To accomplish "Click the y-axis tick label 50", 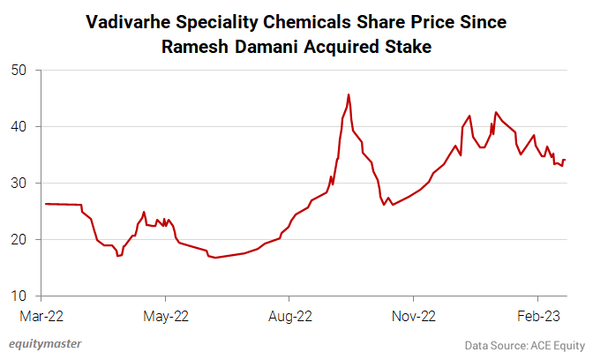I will click(x=19, y=70).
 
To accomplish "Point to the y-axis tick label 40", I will click(x=19, y=126).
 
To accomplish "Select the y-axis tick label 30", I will click(x=19, y=183).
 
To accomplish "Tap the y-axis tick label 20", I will click(x=19, y=239).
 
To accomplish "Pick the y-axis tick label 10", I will click(x=19, y=296).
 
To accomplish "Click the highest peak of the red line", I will click(x=349, y=94).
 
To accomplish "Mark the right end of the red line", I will click(x=565, y=160).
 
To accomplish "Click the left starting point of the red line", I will click(x=44, y=204).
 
